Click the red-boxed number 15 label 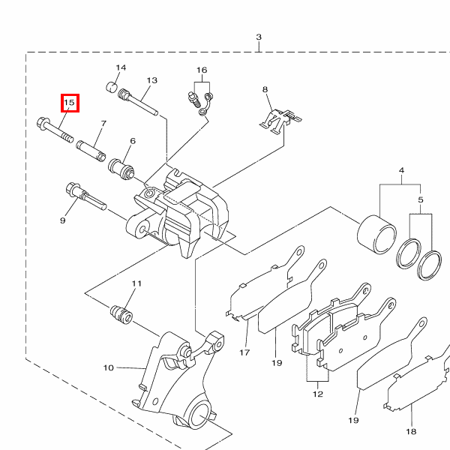tap(70, 103)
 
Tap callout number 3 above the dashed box tap(259, 37)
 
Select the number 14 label tap(121, 67)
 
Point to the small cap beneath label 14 tap(112, 87)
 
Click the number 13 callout tap(151, 80)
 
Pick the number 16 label tap(202, 70)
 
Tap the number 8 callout tap(265, 89)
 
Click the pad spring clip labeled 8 tap(280, 121)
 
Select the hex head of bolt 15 tap(42, 124)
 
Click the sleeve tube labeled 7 tap(91, 151)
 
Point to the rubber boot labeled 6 tap(121, 169)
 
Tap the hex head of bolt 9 tap(72, 189)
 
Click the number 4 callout tap(401, 170)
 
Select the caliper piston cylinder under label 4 tap(376, 235)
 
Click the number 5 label tap(421, 199)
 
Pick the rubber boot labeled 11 tap(121, 315)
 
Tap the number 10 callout tap(109, 367)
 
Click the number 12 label tap(318, 394)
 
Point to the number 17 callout tap(244, 352)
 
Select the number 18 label tap(411, 431)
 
